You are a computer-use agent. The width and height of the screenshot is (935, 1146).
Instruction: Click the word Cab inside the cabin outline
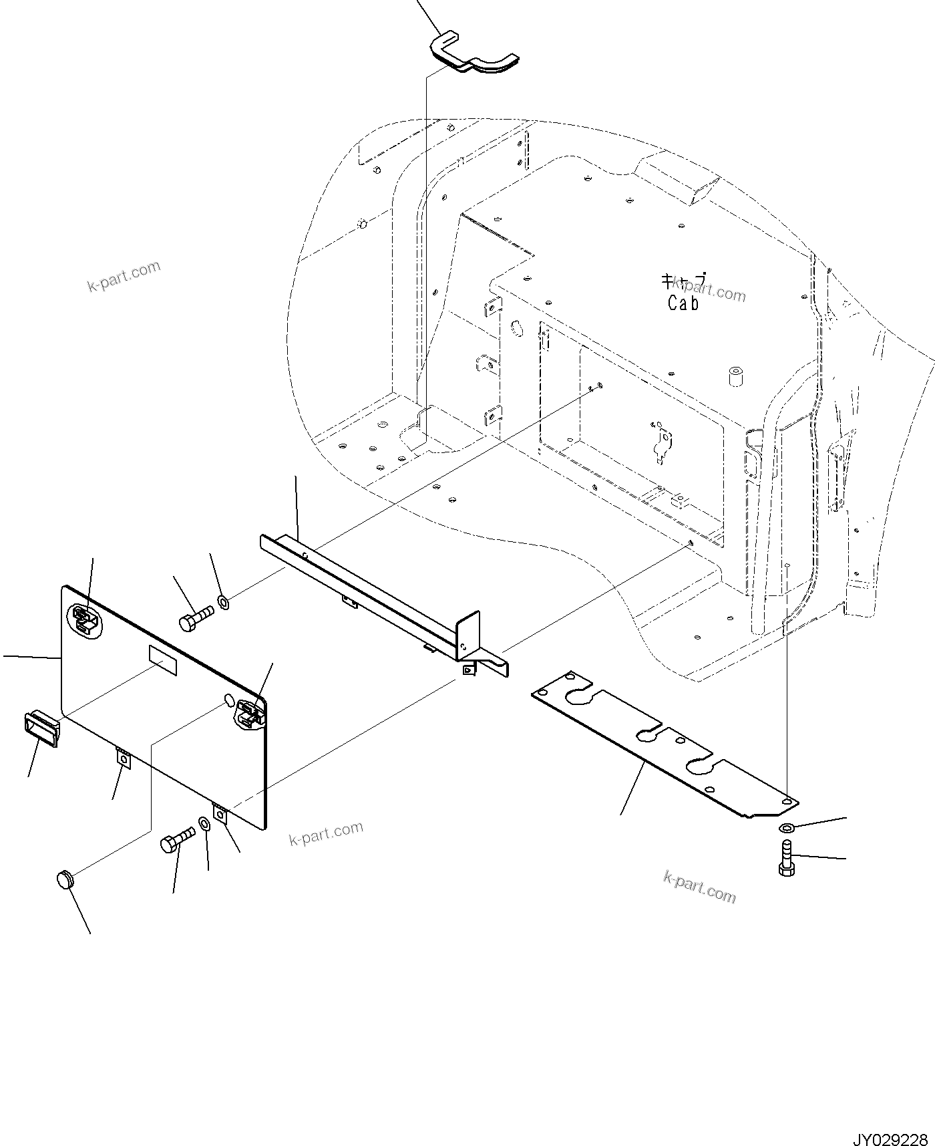(683, 303)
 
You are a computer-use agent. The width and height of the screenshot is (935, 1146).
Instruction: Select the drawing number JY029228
(889, 1121)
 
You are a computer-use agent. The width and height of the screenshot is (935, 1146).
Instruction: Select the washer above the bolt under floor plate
(786, 828)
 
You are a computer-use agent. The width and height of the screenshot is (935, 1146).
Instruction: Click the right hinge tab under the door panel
(220, 815)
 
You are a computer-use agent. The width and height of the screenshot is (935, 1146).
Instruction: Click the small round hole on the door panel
(228, 699)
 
